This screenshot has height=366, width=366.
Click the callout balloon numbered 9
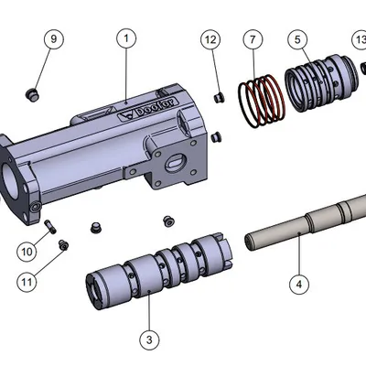53,39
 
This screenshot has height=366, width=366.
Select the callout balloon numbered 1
126,39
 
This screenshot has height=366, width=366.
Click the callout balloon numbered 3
146,339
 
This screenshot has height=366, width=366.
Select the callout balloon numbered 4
297,285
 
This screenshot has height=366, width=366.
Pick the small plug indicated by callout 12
219,96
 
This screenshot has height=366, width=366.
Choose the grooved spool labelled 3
160,270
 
